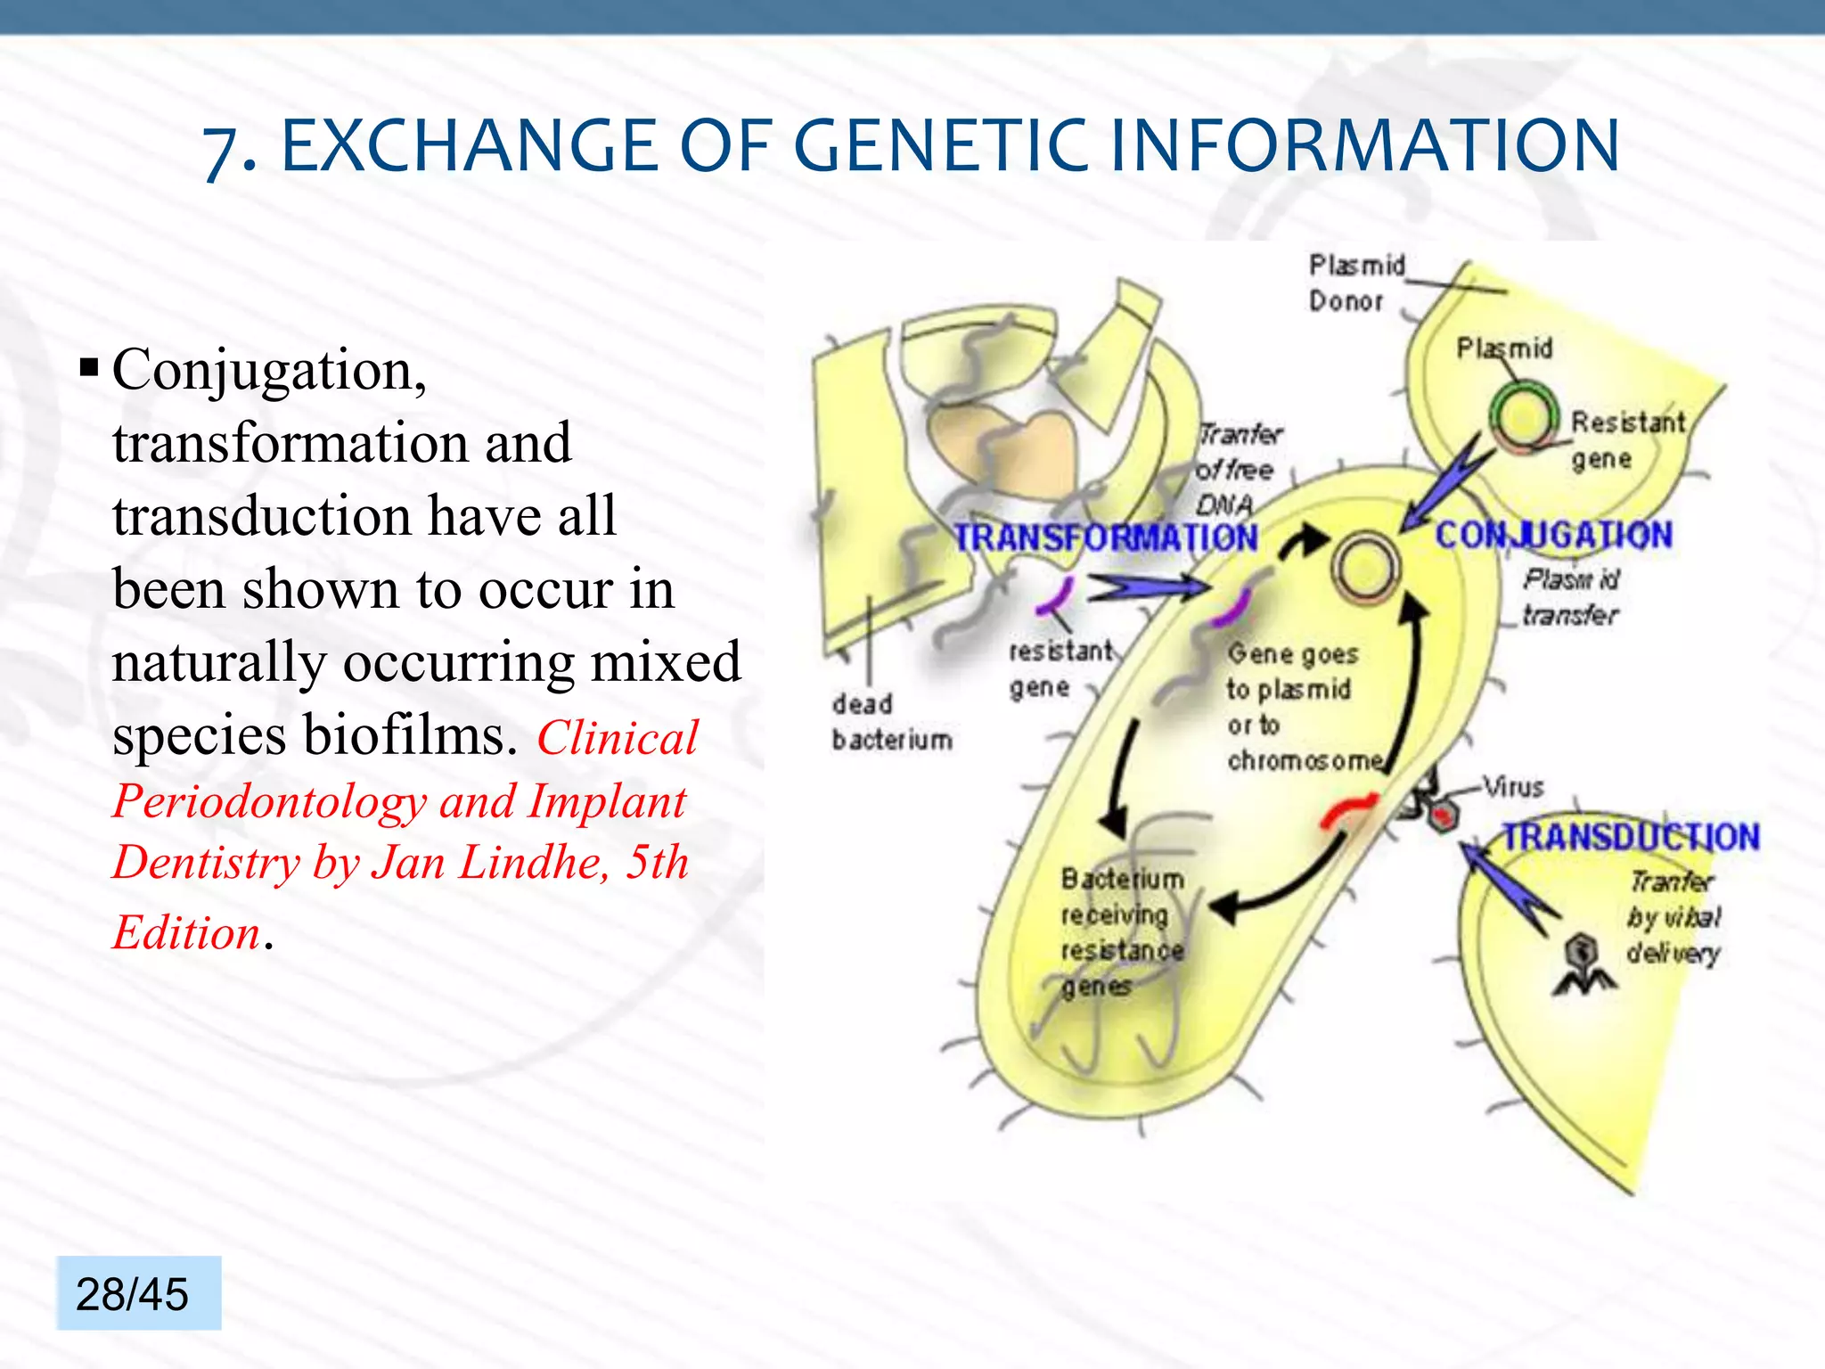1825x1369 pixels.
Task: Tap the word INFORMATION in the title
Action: (1363, 147)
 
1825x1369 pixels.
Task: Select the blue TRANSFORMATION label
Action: (1105, 537)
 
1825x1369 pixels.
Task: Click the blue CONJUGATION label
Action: (1553, 535)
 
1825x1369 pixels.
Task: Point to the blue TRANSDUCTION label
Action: (1631, 836)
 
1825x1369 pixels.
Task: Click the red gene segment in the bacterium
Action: (1347, 809)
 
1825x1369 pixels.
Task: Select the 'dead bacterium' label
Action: (891, 721)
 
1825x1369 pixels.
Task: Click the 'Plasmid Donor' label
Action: (1354, 283)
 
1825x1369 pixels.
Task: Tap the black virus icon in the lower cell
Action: (1584, 964)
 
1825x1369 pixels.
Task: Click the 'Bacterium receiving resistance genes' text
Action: (1121, 931)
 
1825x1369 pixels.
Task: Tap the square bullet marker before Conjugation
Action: (88, 367)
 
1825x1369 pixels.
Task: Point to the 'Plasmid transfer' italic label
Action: (1570, 596)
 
